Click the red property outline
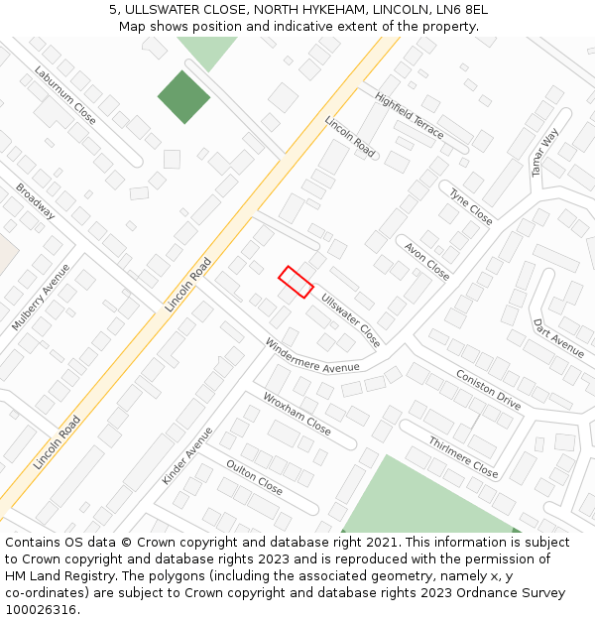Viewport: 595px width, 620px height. (x=296, y=282)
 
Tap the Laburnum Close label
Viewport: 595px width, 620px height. (x=65, y=95)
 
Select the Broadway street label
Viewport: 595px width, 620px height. (x=35, y=201)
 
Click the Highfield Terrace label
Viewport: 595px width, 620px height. (x=410, y=115)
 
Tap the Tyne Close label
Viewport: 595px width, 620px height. (x=471, y=206)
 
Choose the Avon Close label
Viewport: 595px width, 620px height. (x=427, y=261)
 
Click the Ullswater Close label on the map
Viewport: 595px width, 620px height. (x=350, y=319)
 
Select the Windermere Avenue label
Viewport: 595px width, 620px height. (x=311, y=355)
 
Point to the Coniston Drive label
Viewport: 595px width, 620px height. (x=488, y=389)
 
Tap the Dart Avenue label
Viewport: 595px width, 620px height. (x=558, y=337)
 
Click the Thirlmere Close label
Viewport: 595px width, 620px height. (x=463, y=456)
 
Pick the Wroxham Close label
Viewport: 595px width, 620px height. (x=297, y=414)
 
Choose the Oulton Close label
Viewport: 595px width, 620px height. (x=254, y=477)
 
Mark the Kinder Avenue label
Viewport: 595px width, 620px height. (x=187, y=456)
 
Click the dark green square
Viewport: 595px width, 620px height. (x=183, y=97)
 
